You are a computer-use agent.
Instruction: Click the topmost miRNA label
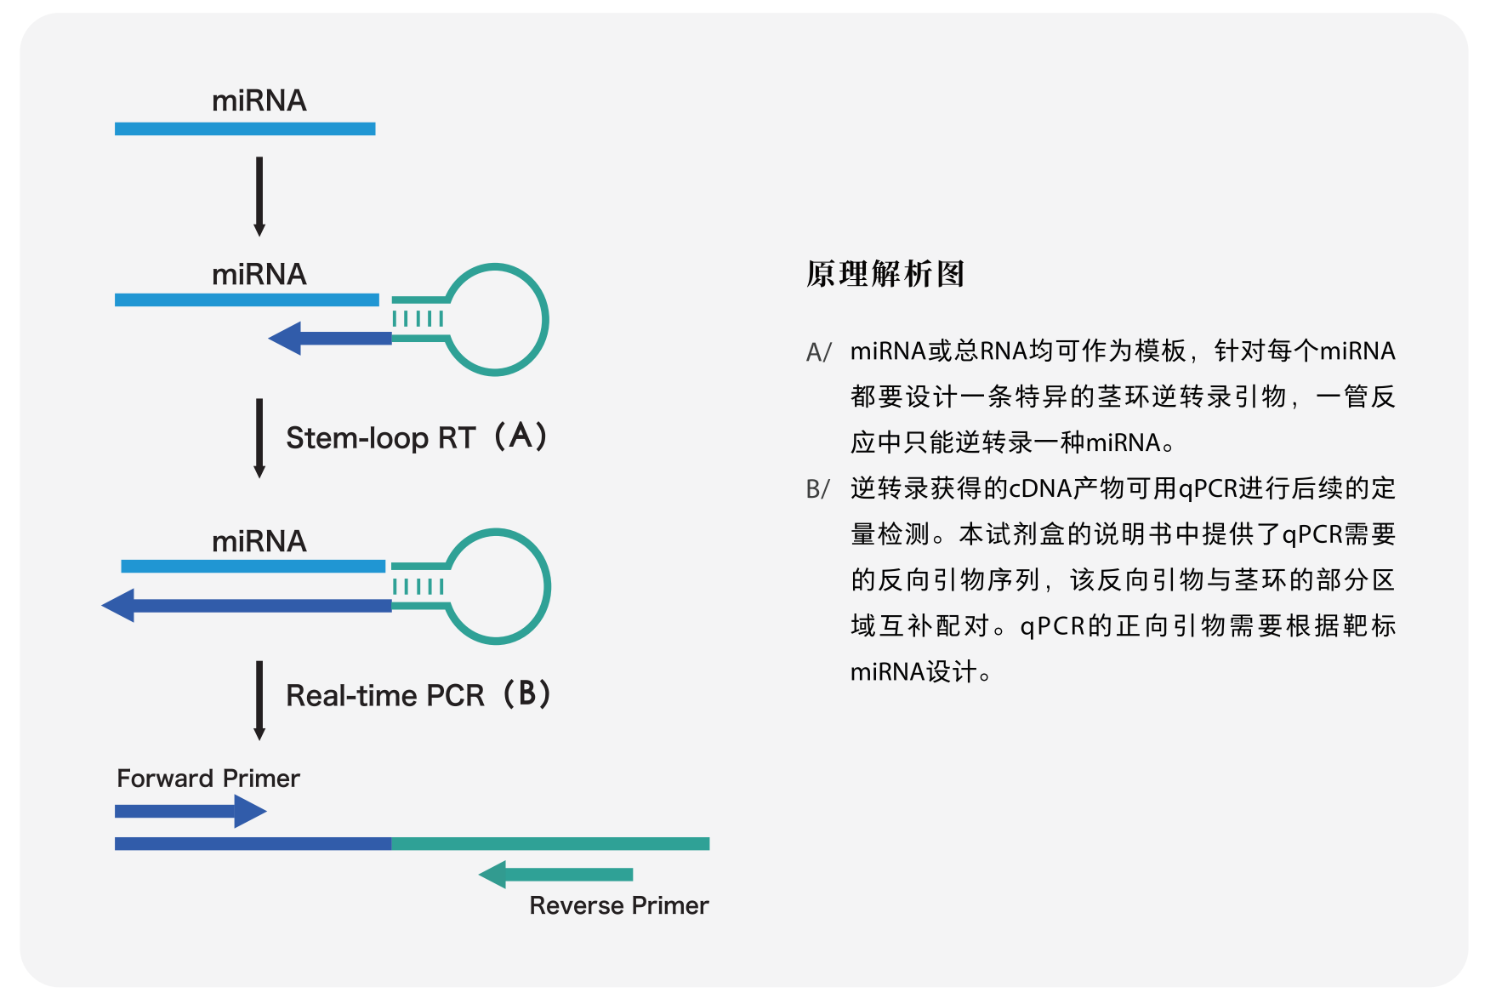tap(259, 100)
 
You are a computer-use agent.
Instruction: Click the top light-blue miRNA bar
tap(245, 128)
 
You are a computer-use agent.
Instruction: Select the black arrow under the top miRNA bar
tap(259, 196)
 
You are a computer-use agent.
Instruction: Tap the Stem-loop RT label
tap(380, 437)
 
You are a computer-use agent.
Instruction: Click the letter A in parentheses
tap(521, 436)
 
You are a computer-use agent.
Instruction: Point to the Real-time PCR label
tap(384, 695)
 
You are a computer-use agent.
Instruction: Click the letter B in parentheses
tap(526, 693)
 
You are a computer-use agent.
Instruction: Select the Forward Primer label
tap(208, 778)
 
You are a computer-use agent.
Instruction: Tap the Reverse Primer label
tap(618, 905)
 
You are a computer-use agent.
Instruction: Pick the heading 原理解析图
tap(885, 274)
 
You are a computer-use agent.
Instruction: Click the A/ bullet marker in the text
tap(818, 351)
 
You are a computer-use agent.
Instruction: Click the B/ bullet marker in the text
tap(817, 489)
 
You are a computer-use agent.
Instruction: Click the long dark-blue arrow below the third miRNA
tap(247, 606)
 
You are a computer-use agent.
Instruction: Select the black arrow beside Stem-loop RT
tap(259, 437)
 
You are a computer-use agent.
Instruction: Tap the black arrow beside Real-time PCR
tap(259, 699)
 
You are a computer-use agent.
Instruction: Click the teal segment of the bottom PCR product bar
tap(550, 843)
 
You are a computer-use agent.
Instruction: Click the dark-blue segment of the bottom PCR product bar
tap(253, 843)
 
